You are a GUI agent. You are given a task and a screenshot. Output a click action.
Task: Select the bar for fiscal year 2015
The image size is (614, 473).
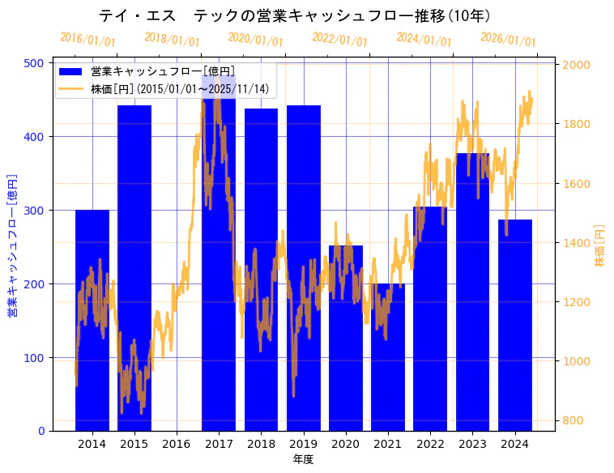pyautogui.click(x=134, y=267)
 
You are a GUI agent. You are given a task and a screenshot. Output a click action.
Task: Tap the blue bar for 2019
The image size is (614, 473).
pyautogui.click(x=304, y=267)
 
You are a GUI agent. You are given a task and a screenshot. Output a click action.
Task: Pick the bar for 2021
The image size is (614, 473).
pyautogui.click(x=388, y=356)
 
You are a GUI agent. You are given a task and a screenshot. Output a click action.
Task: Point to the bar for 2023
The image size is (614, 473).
pyautogui.click(x=472, y=292)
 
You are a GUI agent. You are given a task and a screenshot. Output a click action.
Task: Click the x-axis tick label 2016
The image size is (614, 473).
pyautogui.click(x=177, y=443)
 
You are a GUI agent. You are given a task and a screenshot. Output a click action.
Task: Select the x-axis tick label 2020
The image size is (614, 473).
pyautogui.click(x=346, y=443)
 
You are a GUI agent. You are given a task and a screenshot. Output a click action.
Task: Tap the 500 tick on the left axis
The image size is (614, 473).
pyautogui.click(x=36, y=63)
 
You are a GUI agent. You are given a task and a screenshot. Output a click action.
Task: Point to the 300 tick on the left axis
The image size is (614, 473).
pyautogui.click(x=36, y=211)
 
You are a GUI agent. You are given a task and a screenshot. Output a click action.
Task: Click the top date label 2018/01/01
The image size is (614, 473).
pyautogui.click(x=172, y=40)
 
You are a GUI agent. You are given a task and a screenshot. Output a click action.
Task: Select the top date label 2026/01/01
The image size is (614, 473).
pyautogui.click(x=508, y=40)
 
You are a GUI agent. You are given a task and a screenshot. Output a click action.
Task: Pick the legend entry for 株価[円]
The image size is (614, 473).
pyautogui.click(x=179, y=88)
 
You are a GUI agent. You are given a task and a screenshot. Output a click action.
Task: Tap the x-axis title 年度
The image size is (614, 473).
pyautogui.click(x=303, y=459)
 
